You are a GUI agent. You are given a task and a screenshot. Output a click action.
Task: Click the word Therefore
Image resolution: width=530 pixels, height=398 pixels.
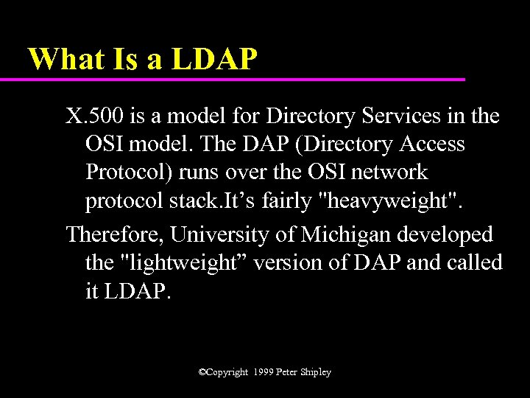(x=115, y=234)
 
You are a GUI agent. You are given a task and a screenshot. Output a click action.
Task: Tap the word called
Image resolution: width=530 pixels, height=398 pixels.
(x=476, y=262)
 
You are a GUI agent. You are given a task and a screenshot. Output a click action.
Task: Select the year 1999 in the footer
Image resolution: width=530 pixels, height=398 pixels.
(x=262, y=373)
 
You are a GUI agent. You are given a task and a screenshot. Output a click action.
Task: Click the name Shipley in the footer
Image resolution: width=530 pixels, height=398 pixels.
(x=314, y=373)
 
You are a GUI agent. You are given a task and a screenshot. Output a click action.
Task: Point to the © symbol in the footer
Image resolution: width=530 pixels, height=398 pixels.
(x=202, y=373)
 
